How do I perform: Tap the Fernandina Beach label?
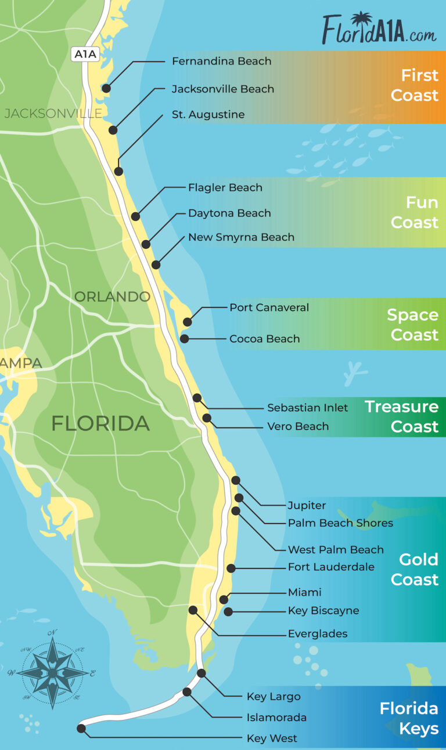pos(221,61)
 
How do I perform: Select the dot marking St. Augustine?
pos(118,171)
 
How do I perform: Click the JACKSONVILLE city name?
pos(53,113)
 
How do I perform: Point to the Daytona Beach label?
pos(229,213)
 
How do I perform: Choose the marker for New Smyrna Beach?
pos(156,265)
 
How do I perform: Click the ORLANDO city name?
pos(112,296)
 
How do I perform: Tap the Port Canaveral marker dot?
pos(187,321)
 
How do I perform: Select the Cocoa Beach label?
pos(264,339)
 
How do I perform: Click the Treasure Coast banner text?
pos(401,416)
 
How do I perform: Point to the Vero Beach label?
pos(298,426)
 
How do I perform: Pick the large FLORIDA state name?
pos(100,423)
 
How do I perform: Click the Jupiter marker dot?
pos(235,480)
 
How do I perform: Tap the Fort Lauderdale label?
pos(331,567)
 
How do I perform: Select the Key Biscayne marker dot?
pos(228,611)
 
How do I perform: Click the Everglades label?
pos(318,633)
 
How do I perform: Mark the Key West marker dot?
pos(81,729)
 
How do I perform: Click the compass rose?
pos(52,672)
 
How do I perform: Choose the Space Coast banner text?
pos(412,325)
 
